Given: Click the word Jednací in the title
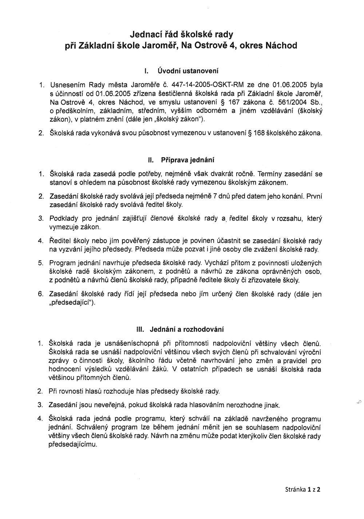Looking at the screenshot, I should pos(146,35).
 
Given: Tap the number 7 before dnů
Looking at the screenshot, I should pos(215,196).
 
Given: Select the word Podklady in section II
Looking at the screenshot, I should pos(62,219).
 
